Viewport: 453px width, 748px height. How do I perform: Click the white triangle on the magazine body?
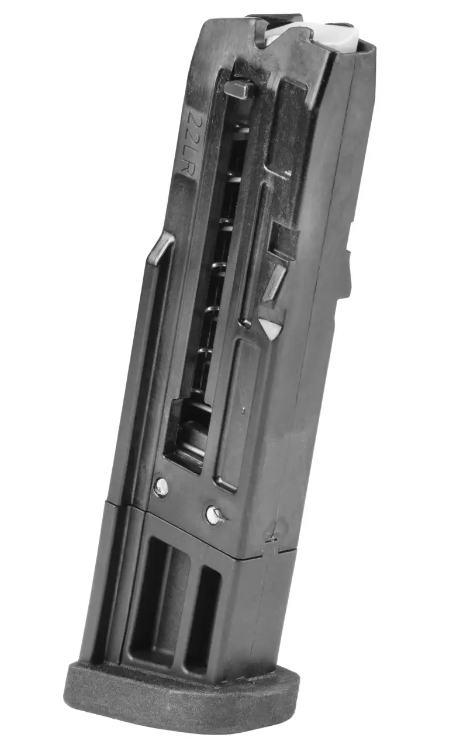click(269, 328)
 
